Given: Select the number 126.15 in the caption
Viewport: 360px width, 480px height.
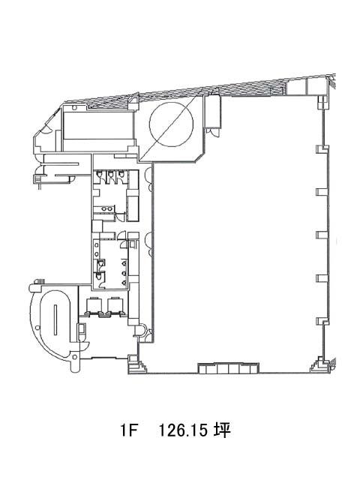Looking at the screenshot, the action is tap(183, 430).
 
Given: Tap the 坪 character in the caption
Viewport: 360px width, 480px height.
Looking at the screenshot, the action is tap(222, 430).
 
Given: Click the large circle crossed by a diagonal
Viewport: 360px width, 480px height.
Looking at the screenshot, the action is tap(171, 124).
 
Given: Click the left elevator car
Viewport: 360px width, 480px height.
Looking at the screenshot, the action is tap(93, 305).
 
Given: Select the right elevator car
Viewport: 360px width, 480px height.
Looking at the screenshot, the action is tap(114, 305).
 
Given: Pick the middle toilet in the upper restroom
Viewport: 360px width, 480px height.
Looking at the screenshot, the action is tap(110, 174).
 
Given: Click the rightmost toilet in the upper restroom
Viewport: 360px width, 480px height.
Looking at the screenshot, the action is tap(121, 174).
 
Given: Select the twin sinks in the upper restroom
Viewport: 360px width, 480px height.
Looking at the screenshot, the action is tap(106, 209).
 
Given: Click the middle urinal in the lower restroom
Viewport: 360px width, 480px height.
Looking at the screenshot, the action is tap(124, 272).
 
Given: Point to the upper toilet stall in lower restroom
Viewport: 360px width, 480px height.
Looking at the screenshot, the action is tap(100, 263).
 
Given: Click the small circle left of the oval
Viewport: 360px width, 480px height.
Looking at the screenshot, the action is tap(37, 328).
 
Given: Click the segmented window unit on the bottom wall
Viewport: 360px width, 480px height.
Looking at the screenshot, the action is tap(228, 368).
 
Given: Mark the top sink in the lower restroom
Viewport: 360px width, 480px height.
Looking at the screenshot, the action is tap(97, 245).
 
